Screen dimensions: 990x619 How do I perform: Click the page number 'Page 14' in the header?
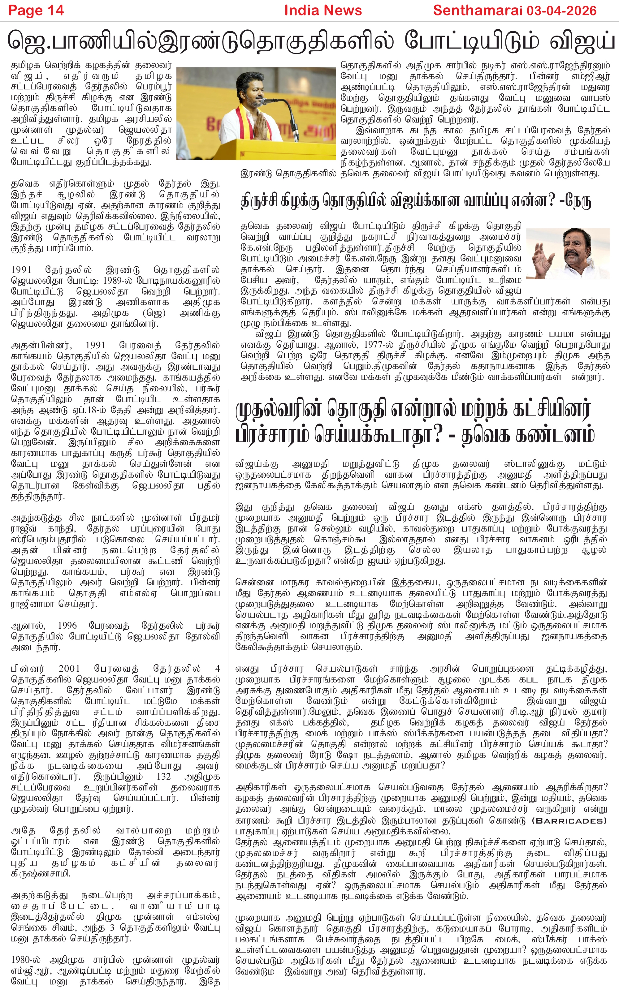(36, 10)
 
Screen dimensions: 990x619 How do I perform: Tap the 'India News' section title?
(323, 10)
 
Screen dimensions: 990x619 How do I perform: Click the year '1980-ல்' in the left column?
(26, 960)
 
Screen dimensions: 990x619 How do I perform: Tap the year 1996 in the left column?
(67, 626)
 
